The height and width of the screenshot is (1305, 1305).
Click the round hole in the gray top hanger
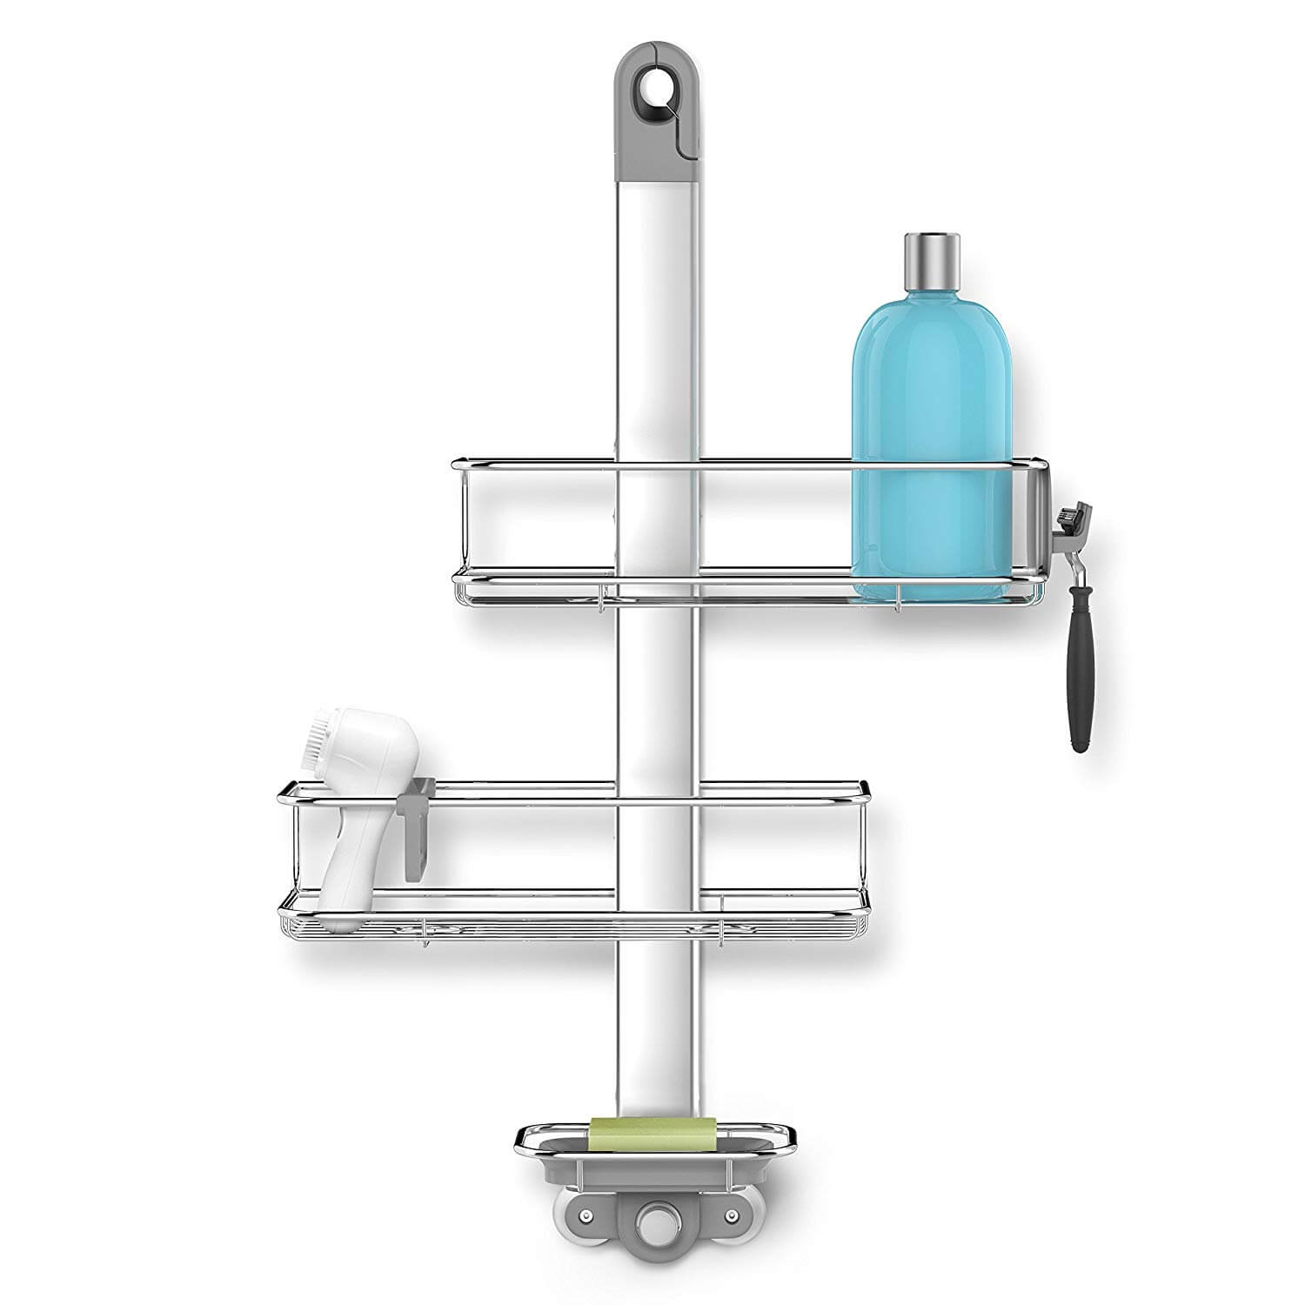coord(651,87)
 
